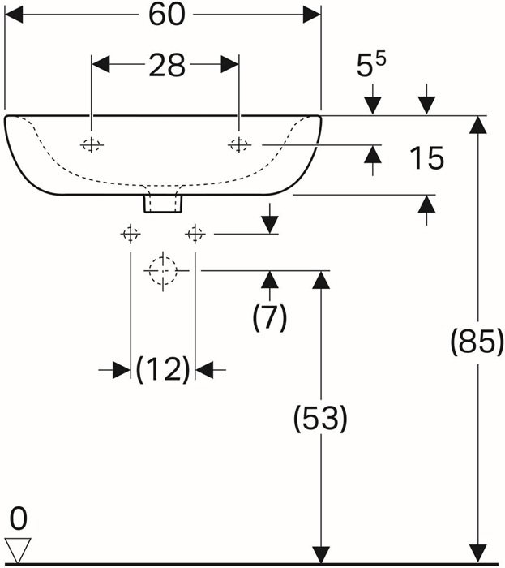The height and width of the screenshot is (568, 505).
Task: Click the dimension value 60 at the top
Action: coord(167,15)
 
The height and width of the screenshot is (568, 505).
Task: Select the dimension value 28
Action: coord(167,65)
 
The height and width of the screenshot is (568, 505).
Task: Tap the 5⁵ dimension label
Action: coord(371,64)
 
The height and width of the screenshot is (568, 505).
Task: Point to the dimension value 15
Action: coord(426,158)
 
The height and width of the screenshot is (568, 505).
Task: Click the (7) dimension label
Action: coord(269,317)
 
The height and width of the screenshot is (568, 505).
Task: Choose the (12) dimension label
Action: coord(163,369)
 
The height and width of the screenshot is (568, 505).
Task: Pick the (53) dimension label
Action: coord(320,418)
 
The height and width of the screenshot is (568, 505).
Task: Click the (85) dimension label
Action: coord(477,342)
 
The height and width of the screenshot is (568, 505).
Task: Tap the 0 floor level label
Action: coord(18,519)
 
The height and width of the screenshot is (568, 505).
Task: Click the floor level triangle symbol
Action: coord(18,551)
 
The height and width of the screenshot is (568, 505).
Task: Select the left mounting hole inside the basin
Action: coord(92,145)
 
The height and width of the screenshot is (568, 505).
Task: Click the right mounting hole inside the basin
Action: coord(239,145)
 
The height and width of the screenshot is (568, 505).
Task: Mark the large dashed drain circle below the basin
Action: coord(163,270)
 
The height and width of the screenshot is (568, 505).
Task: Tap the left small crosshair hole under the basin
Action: coord(131,234)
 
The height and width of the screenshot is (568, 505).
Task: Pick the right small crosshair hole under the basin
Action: coord(195,234)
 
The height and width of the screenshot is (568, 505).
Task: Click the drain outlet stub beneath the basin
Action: coord(163,204)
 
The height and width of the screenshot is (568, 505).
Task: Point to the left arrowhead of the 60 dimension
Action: coord(14,15)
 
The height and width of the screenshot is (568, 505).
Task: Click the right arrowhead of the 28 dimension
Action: coord(229,64)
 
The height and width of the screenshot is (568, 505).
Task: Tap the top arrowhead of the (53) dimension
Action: coord(321,280)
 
